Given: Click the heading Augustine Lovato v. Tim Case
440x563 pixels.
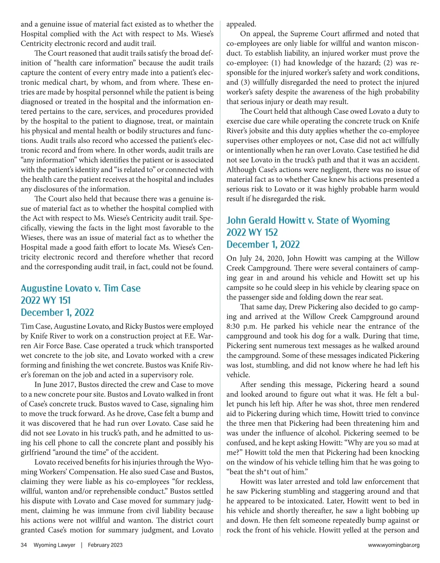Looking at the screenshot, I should coord(81,288).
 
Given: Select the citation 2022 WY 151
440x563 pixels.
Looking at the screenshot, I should coord(45,300).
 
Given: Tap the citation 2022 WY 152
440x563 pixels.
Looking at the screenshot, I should coord(252,232).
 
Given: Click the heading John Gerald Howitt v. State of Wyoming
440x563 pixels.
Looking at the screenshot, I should coord(308,220).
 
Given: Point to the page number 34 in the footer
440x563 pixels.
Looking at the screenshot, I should coord(24,545).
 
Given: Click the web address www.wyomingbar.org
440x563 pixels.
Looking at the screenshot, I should coord(393,545).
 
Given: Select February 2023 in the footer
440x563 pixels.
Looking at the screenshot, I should coord(105,545).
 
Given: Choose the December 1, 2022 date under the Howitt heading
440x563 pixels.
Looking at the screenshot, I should coord(263,245).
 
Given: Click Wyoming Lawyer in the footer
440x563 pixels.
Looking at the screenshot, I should coord(54,545).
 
